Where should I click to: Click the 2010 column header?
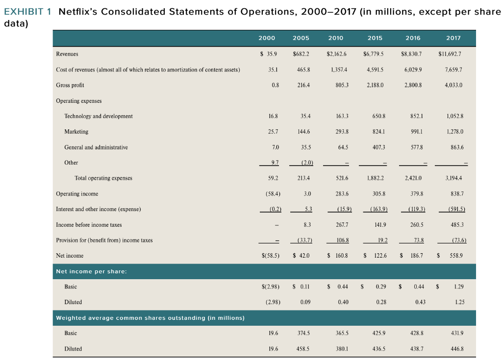tap(335, 38)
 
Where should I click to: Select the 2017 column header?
tap(453, 38)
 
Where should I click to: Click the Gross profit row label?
tap(70, 85)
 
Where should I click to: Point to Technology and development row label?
tap(99, 116)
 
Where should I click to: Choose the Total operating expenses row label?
tap(103, 178)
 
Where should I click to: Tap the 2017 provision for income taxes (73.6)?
tap(456, 240)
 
